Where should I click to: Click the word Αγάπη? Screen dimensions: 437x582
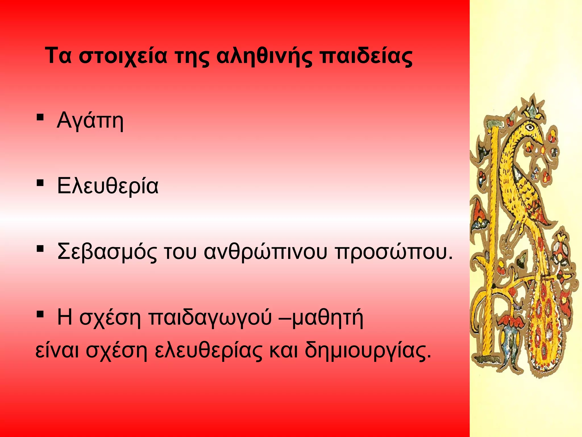point(90,121)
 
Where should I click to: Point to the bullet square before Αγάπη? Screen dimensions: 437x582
point(40,117)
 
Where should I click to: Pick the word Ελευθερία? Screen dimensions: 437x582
point(108,186)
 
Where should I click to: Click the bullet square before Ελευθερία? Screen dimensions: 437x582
point(40,182)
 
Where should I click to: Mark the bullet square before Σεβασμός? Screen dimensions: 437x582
point(40,249)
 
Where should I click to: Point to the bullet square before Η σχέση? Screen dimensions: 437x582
point(40,314)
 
